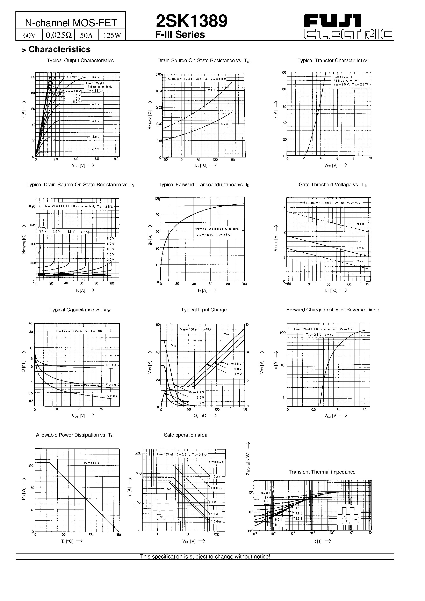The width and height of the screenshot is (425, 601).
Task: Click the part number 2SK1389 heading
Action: click(x=192, y=21)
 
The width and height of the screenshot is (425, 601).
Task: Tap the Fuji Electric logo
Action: click(x=348, y=27)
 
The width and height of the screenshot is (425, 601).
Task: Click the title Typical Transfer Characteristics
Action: click(x=332, y=60)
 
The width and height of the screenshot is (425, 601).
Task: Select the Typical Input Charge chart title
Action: click(x=204, y=310)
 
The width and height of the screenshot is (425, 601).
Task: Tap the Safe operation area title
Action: click(x=186, y=435)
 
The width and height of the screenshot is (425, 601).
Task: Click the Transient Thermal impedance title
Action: click(x=322, y=472)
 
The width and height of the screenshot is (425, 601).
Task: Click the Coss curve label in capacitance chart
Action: click(x=111, y=385)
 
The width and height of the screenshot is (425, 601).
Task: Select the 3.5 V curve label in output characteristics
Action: click(x=96, y=121)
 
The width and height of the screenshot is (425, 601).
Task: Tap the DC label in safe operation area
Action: click(x=169, y=489)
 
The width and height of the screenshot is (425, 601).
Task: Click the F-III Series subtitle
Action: click(x=180, y=35)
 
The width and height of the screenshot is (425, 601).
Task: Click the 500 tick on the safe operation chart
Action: click(x=138, y=453)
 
